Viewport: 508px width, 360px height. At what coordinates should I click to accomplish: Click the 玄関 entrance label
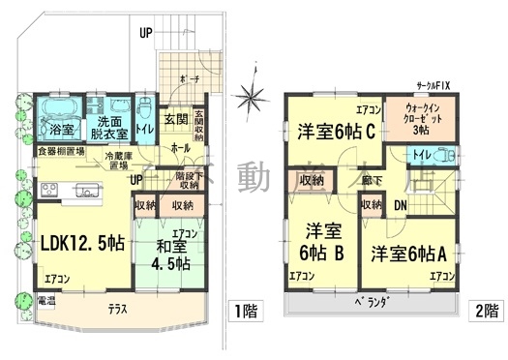click(174, 120)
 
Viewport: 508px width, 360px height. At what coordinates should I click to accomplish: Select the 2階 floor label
click(487, 312)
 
